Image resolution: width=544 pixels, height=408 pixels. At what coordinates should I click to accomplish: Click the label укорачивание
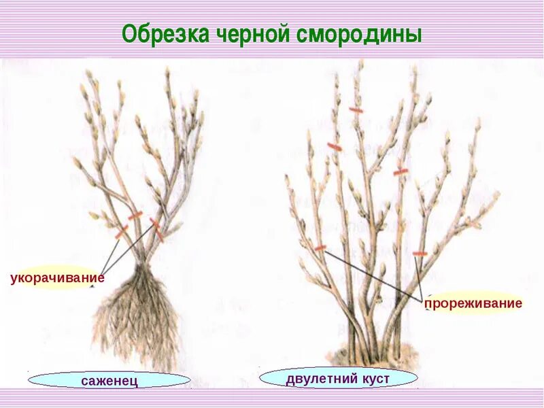point(57,277)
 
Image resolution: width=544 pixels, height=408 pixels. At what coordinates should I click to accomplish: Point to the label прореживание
point(473,303)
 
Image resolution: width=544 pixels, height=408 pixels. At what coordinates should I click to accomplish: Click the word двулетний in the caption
point(318,377)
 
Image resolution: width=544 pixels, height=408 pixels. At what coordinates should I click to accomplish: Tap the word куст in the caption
point(378,377)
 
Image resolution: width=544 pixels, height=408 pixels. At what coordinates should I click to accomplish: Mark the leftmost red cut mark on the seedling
point(121,232)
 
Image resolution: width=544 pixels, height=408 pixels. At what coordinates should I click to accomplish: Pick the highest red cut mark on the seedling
point(135,216)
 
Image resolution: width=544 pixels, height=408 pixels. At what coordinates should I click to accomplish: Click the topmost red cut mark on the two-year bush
point(356,109)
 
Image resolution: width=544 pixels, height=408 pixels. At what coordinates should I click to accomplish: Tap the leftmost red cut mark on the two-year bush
point(320,248)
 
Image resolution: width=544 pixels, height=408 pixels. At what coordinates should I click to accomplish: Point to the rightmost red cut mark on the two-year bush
point(420,254)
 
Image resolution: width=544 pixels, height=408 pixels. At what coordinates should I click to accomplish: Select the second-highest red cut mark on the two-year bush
point(333,146)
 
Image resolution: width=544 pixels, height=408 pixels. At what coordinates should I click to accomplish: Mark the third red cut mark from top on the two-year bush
point(401,172)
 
